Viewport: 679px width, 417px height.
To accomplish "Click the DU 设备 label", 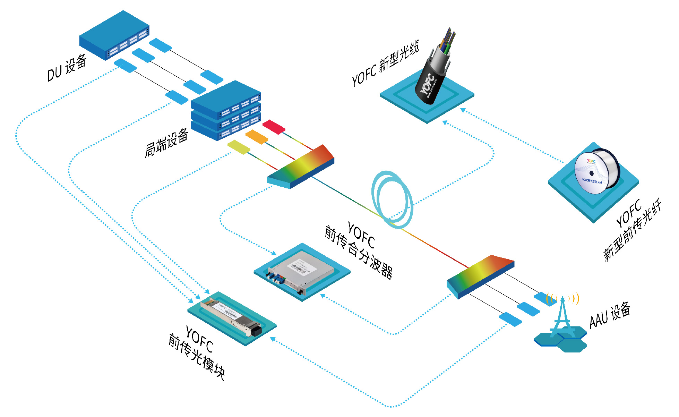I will (67, 68).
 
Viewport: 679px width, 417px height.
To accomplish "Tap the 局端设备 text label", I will (166, 143).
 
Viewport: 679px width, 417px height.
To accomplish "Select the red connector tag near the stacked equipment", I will (274, 127).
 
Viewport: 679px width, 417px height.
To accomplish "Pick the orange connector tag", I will (257, 137).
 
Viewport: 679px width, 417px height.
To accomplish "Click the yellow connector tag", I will (239, 147).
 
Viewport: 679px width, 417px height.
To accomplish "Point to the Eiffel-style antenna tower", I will (562, 317).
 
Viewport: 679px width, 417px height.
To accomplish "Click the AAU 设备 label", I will (610, 315).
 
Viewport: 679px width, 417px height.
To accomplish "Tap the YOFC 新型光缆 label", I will (385, 63).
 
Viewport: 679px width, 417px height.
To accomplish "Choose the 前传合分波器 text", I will (359, 252).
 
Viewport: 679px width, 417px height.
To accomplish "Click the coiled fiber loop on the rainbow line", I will (392, 199).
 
